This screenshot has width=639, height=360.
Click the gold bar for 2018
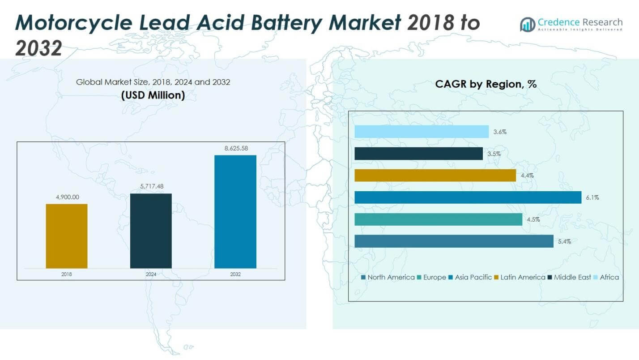coord(67,236)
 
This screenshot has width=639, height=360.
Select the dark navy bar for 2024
coord(151,231)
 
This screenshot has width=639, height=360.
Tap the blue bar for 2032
coord(235,211)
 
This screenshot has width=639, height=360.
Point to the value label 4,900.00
coord(67,197)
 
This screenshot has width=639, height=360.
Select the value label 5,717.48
coord(151,186)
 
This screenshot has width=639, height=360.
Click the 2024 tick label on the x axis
coord(151,274)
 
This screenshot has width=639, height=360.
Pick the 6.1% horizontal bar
coord(468,197)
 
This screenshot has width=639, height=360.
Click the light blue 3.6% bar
coord(421,132)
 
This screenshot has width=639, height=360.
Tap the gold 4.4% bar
coord(435,176)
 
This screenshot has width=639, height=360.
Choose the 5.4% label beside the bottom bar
coord(564,241)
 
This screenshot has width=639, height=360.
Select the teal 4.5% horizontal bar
coord(438,219)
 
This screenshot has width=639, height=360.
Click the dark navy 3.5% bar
coord(418,154)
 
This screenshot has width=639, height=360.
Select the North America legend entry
coord(388,277)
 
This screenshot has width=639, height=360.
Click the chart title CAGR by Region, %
coord(486,84)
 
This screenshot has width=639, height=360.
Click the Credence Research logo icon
coord(527,24)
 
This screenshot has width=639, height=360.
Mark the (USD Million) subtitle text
coord(153,95)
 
